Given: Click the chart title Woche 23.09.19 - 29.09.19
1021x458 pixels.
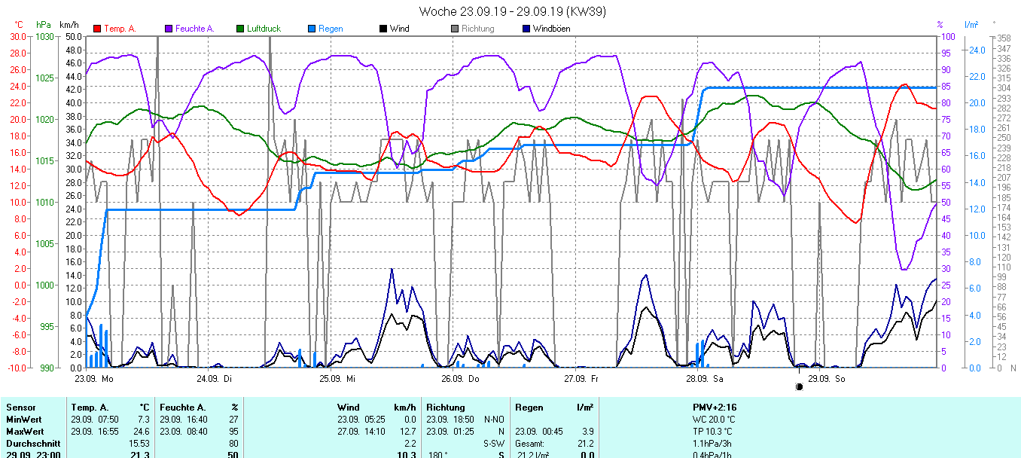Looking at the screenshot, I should point(512,11).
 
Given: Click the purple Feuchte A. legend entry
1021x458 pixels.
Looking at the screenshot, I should point(194,29).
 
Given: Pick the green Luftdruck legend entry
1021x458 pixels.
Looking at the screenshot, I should point(263,29).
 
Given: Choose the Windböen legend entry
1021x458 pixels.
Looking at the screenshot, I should point(550,29).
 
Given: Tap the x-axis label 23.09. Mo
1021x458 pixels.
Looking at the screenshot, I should point(94,378).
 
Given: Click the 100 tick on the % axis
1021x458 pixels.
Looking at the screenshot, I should point(949,37).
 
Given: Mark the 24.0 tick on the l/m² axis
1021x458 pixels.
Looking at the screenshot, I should point(977,50).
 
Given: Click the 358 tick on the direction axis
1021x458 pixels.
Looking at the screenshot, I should point(1003,38).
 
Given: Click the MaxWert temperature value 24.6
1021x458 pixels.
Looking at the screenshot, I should point(142,432).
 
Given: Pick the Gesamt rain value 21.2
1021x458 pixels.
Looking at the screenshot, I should point(586,444).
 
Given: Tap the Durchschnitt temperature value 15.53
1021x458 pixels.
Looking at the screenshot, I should point(140,444).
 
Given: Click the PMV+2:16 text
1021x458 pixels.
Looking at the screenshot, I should point(715,407).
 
